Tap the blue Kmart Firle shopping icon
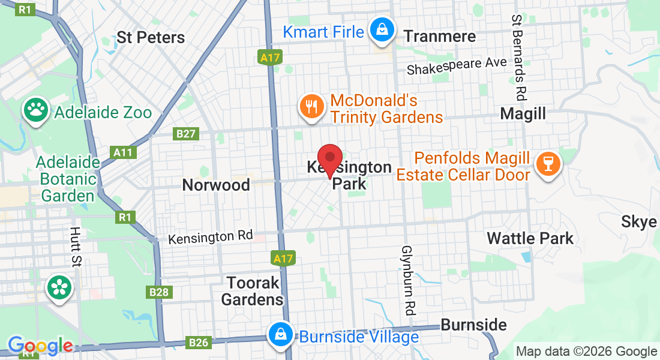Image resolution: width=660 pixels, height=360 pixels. tap(380, 30)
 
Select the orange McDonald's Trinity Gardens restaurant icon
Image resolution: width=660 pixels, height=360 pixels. tap(311, 107)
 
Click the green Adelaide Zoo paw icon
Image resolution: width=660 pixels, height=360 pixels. tap(36, 110)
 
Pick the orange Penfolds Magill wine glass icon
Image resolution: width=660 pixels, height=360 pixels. tap(547, 162)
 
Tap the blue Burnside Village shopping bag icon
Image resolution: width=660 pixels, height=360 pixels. tap(280, 335)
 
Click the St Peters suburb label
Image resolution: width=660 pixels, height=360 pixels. tap(151, 37)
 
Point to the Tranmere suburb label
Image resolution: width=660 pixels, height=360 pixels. tap(440, 37)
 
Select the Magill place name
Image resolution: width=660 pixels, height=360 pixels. tap(523, 113)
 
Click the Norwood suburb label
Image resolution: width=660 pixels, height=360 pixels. tap(216, 185)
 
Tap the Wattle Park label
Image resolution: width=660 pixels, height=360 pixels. tap(530, 238)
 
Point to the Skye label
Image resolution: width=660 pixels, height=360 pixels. tap(638, 222)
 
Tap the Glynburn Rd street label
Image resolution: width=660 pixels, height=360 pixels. tap(408, 281)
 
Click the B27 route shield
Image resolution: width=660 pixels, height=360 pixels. tap(186, 134)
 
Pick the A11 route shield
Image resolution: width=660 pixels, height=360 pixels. tap(123, 152)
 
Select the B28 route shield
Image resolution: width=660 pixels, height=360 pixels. tap(159, 292)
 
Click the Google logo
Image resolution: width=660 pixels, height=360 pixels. tap(40, 346)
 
